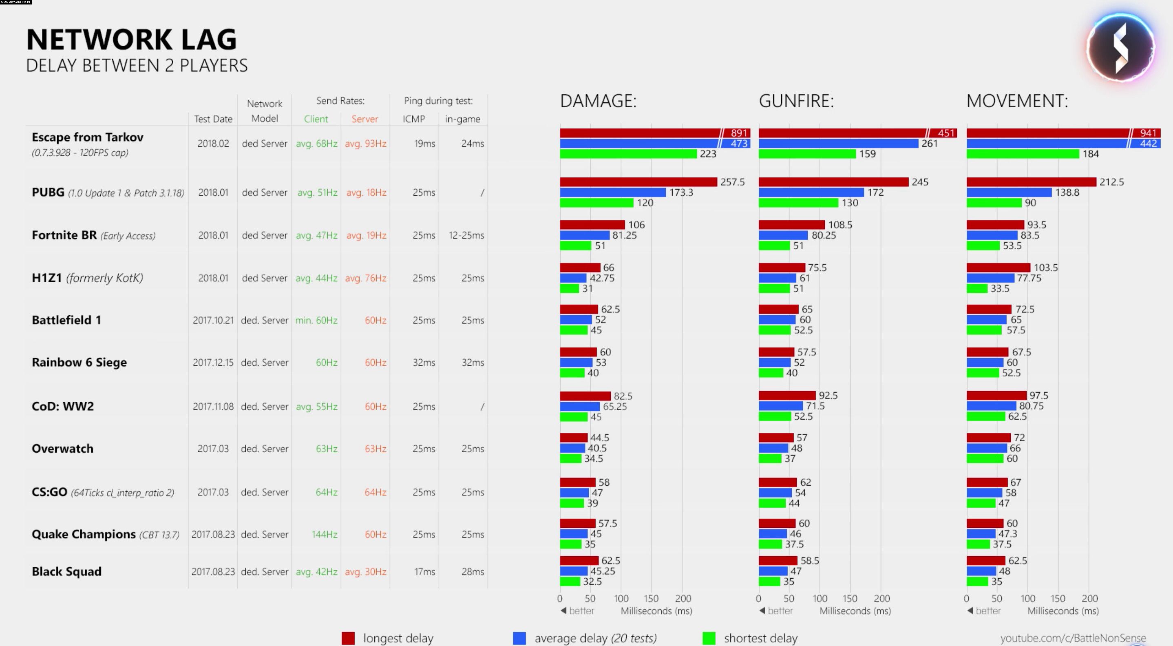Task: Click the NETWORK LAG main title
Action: (x=132, y=40)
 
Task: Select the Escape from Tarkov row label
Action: (x=87, y=137)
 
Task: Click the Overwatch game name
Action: (x=62, y=449)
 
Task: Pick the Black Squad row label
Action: (x=66, y=572)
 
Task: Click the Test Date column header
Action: (x=213, y=119)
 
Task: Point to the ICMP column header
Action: (x=413, y=119)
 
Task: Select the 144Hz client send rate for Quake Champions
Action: (x=324, y=534)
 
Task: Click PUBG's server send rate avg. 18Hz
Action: (x=366, y=193)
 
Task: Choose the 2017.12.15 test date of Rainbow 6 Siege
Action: (x=213, y=363)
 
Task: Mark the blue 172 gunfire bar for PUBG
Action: (x=811, y=192)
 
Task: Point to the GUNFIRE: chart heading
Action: (x=796, y=101)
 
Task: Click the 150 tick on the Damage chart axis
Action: (x=651, y=599)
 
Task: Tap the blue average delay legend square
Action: (x=519, y=638)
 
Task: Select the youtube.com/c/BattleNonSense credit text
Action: (x=1073, y=638)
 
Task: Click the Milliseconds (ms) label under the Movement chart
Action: (x=1063, y=611)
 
